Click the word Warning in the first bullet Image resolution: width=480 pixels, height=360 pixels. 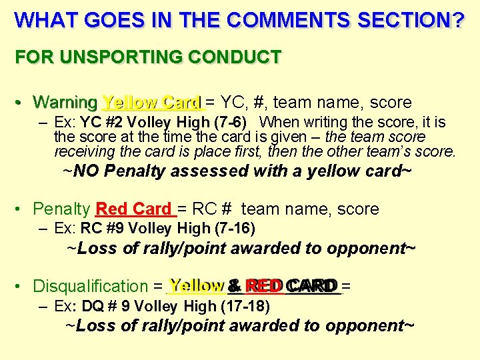coord(65,103)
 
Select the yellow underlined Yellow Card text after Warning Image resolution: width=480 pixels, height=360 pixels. coord(151,103)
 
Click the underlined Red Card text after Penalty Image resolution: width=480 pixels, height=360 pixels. coord(134,209)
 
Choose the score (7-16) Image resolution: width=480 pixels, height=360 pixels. coord(233,229)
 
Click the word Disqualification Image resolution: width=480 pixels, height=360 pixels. coord(90,287)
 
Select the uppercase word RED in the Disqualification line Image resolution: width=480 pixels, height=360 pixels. coord(264,286)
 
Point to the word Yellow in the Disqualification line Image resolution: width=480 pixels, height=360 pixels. coord(196,287)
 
